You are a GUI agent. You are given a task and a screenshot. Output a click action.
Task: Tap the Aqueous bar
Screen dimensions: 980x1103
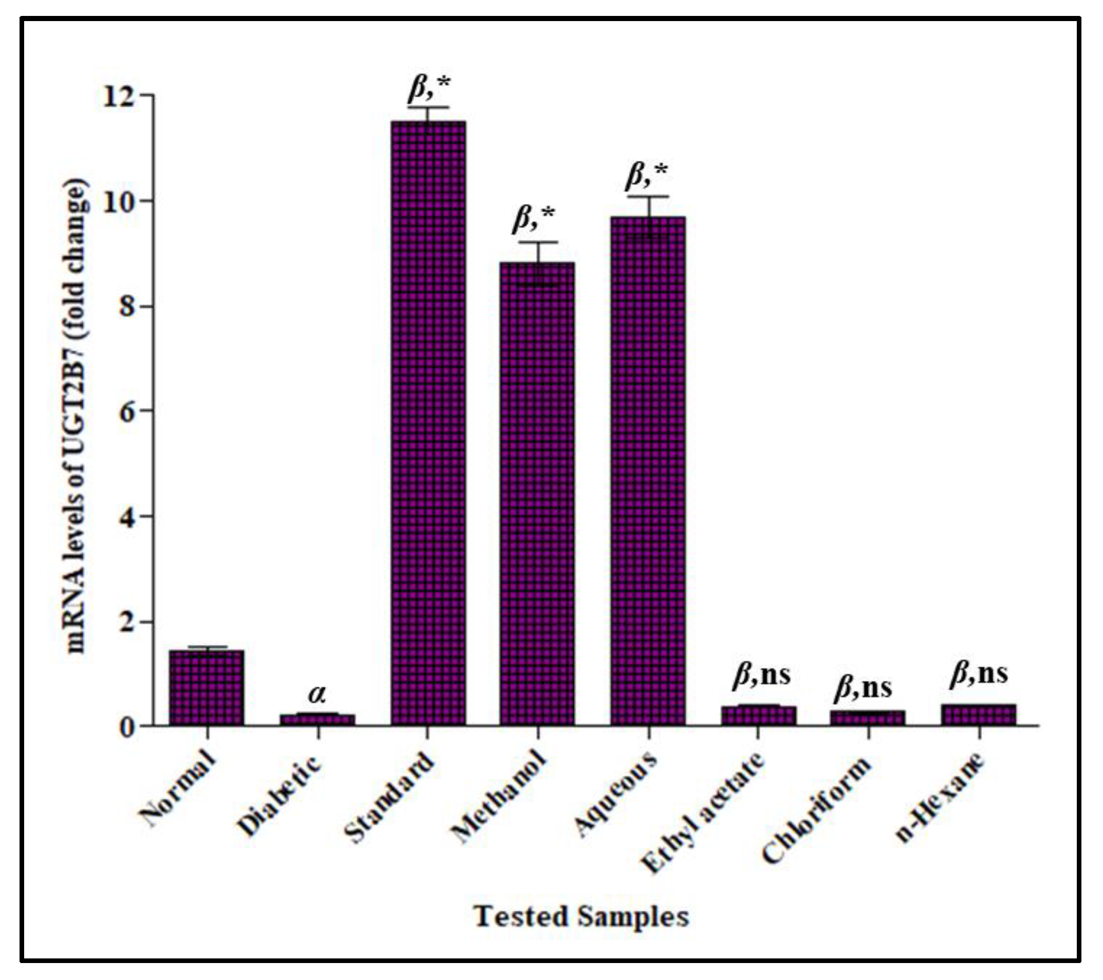click(x=647, y=470)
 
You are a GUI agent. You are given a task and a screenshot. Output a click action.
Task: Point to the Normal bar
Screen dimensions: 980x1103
click(x=207, y=688)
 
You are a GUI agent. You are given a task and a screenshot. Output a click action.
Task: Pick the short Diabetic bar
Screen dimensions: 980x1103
click(x=317, y=719)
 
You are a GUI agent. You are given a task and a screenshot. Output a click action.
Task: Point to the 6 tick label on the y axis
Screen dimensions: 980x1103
click(x=127, y=412)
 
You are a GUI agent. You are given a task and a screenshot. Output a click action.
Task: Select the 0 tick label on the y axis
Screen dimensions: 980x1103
click(x=127, y=726)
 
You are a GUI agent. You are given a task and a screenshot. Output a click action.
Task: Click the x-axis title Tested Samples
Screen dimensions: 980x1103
click(x=581, y=916)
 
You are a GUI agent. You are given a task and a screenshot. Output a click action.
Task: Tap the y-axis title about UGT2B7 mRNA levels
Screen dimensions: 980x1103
click(x=77, y=416)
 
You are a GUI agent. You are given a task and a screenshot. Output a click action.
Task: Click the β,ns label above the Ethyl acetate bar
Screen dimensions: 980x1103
click(x=761, y=675)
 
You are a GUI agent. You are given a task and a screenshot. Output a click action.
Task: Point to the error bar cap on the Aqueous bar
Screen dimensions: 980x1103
click(x=648, y=197)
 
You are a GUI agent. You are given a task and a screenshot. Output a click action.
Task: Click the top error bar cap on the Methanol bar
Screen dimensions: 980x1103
click(x=537, y=242)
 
